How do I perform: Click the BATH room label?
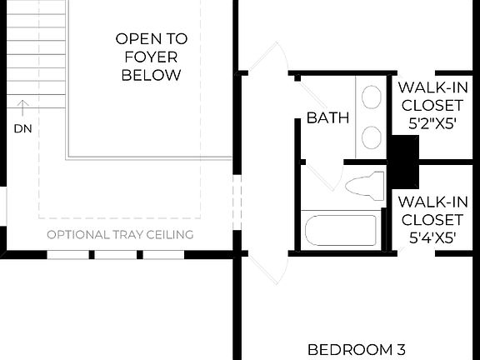327,117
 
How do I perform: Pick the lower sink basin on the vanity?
372,137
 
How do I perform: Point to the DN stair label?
22,128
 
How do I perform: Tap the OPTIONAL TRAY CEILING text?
120,234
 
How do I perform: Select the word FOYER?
151,57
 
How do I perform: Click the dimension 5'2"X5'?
431,122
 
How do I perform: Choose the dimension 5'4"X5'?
431,237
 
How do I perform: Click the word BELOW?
151,75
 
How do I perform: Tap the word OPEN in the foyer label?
133,38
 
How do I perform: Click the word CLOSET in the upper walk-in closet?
431,105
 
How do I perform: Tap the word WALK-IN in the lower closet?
431,202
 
